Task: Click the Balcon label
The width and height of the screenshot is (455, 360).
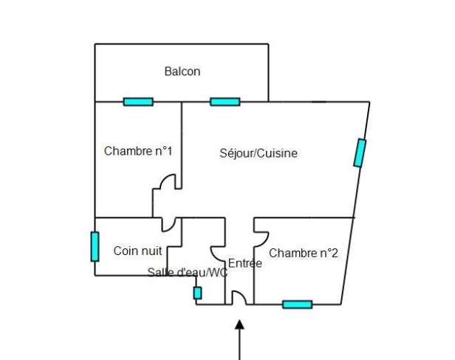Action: coord(182,72)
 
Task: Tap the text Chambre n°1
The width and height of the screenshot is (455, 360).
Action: coord(138,151)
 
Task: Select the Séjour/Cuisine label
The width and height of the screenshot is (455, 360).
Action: coord(259,153)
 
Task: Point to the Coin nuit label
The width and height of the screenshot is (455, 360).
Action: coord(137,251)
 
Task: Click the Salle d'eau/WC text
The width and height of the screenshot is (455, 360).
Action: coord(188,272)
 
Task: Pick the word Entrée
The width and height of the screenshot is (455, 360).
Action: coord(245,263)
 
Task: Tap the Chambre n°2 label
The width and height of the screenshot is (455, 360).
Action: coord(304,253)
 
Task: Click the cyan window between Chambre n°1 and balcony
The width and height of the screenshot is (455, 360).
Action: coord(138,102)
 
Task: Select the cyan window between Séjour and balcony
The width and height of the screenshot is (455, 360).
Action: coord(225,102)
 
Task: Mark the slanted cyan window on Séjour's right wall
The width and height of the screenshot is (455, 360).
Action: coord(360,153)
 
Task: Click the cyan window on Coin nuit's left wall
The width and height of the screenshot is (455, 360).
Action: coord(95,247)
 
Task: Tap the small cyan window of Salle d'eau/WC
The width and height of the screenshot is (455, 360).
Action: coord(197,293)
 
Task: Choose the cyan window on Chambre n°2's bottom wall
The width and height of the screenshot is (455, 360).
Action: coord(298,305)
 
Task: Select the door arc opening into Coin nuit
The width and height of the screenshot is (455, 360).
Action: coord(172,228)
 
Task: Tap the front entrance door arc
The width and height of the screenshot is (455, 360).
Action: coord(243,295)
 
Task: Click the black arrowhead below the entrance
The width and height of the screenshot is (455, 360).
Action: coord(239,325)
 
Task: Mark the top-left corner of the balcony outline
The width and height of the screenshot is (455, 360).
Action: coord(95,44)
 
